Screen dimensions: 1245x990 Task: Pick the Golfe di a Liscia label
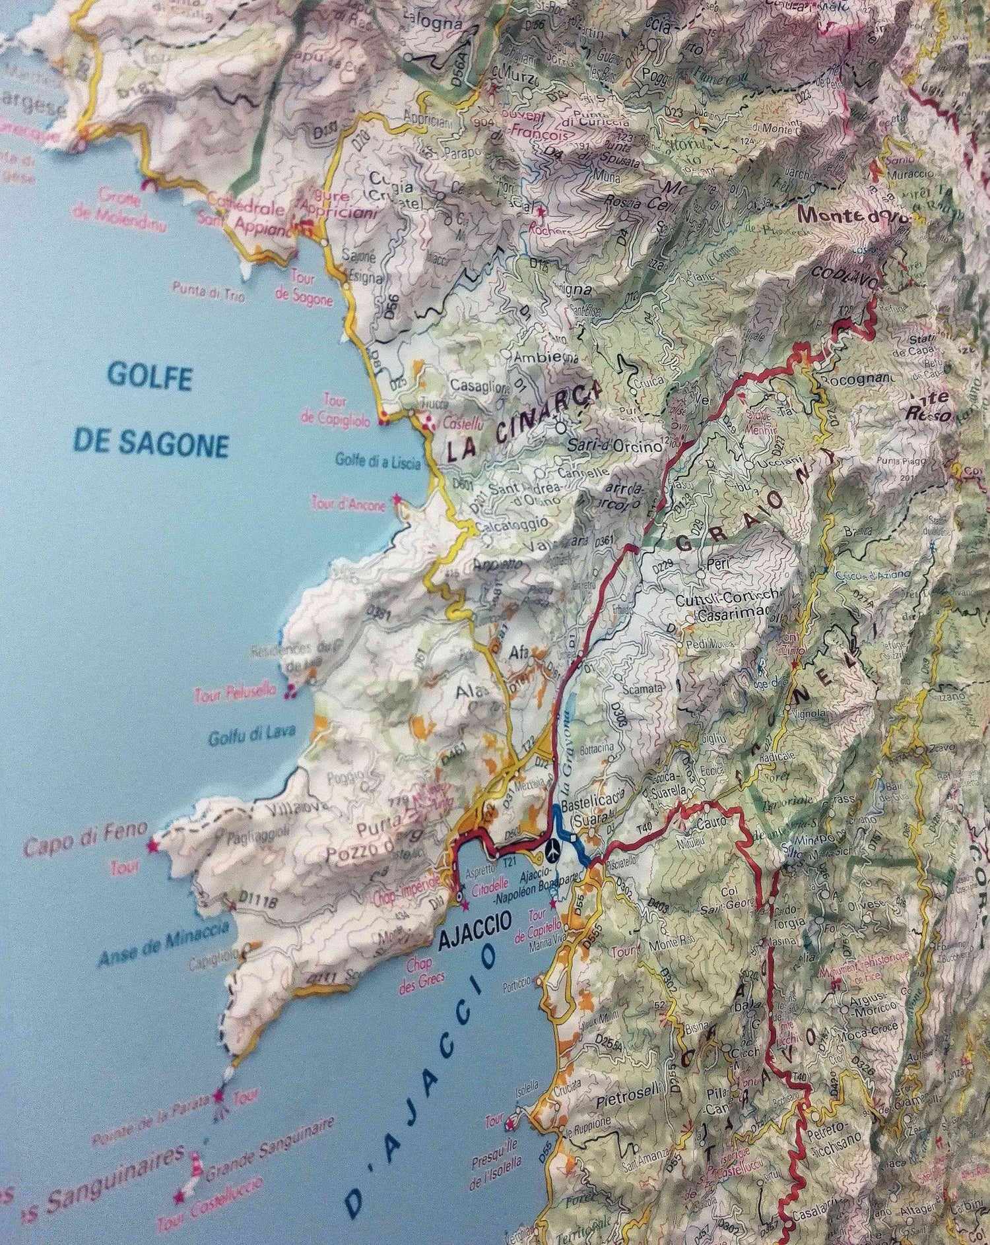tap(378, 464)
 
